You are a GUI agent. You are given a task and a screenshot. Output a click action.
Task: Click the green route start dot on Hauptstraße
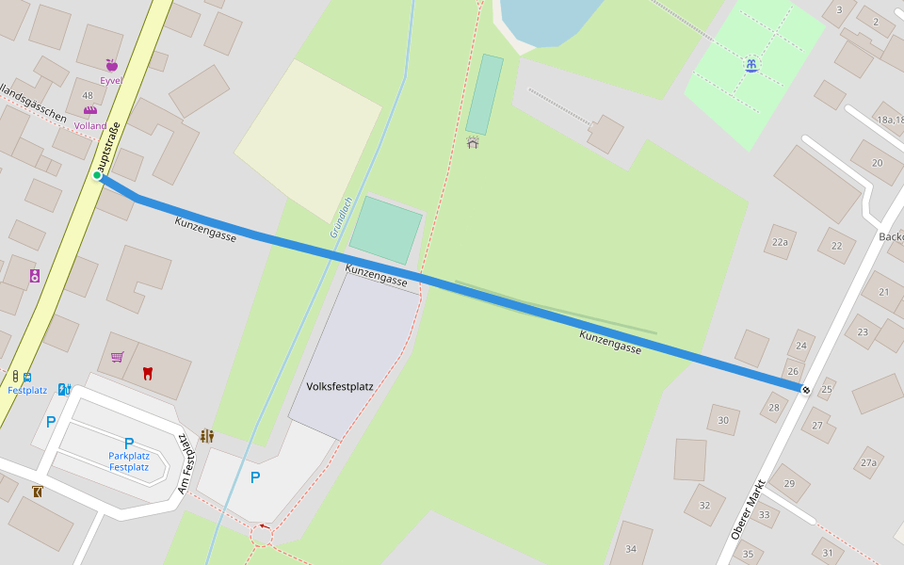tap(97, 175)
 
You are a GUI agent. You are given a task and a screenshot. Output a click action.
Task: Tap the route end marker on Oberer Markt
tap(805, 389)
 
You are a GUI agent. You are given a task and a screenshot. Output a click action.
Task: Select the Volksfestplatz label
tap(340, 386)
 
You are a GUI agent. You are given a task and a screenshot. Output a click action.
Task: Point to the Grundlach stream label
tap(341, 217)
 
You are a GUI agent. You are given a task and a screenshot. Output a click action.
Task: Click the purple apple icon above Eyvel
tap(111, 65)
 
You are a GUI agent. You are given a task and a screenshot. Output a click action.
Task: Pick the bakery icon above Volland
tap(90, 111)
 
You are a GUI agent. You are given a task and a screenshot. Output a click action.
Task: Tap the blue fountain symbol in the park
tap(751, 66)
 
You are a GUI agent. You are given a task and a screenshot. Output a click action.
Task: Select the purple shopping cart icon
tap(117, 357)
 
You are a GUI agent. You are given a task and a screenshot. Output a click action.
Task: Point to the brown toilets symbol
tap(207, 436)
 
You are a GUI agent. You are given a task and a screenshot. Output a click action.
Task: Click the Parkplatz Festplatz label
tap(129, 461)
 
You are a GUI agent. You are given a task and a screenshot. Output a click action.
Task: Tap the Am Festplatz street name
tap(186, 463)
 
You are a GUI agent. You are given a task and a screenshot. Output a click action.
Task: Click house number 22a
tap(780, 242)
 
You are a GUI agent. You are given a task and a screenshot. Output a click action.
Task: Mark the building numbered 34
tap(631, 549)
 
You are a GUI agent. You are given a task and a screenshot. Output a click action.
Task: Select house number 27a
tap(868, 462)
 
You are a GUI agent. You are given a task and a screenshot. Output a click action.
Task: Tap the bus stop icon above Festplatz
tap(26, 377)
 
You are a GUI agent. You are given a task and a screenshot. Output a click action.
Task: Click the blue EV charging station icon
tap(64, 389)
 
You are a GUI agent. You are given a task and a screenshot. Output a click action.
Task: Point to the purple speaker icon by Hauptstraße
tap(35, 276)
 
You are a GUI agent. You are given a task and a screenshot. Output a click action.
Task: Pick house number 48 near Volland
tap(88, 95)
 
